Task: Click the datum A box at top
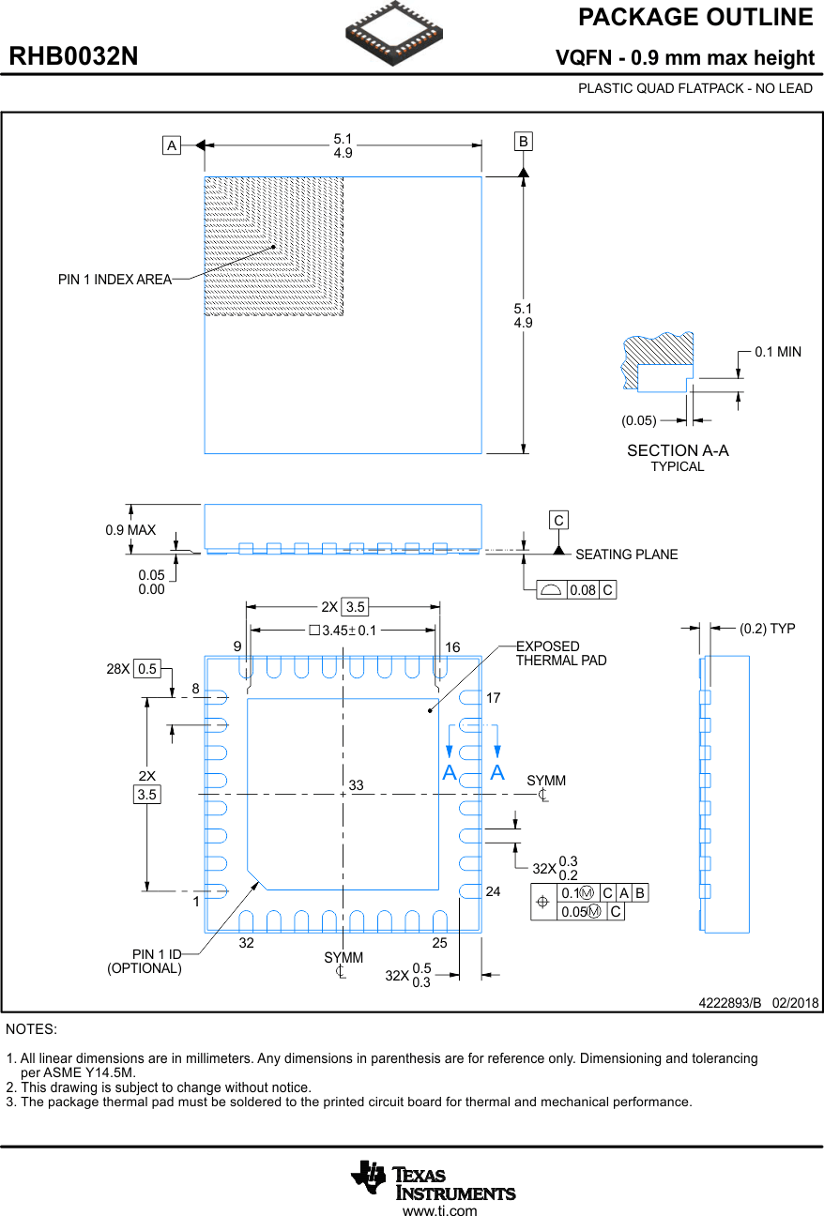click(171, 145)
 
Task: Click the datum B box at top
click(523, 142)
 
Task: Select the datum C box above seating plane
click(558, 520)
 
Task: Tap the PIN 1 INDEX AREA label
click(114, 280)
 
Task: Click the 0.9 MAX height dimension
click(130, 530)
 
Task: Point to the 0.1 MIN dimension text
click(778, 352)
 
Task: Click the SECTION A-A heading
click(678, 450)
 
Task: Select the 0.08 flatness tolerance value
click(582, 590)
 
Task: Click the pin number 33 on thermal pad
click(356, 784)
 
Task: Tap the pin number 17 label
click(494, 698)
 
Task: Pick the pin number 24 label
click(494, 891)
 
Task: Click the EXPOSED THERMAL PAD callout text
click(561, 653)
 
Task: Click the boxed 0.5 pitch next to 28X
click(147, 669)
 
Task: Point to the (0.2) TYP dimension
click(767, 629)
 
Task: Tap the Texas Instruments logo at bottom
click(434, 1179)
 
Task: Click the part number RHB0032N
click(73, 56)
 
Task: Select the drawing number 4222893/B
click(729, 1002)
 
